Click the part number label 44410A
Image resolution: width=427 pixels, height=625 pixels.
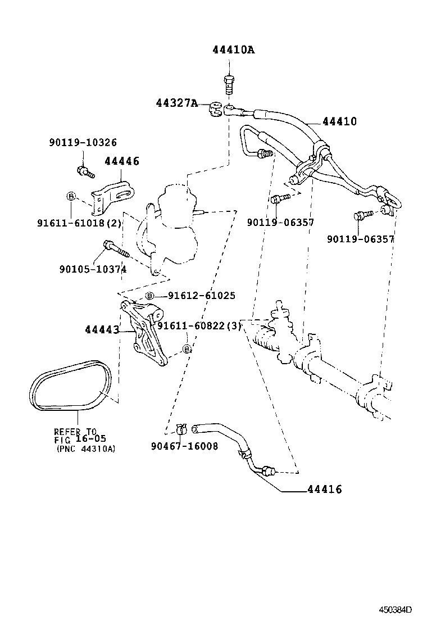233,50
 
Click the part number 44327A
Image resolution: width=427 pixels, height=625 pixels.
176,103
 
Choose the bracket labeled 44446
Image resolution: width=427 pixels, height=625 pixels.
116,196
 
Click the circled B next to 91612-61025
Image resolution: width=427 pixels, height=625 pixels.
149,296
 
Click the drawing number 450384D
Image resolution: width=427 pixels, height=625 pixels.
394,609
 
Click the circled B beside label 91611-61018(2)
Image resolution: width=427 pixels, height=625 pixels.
71,196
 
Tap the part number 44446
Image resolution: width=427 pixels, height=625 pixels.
122,161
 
